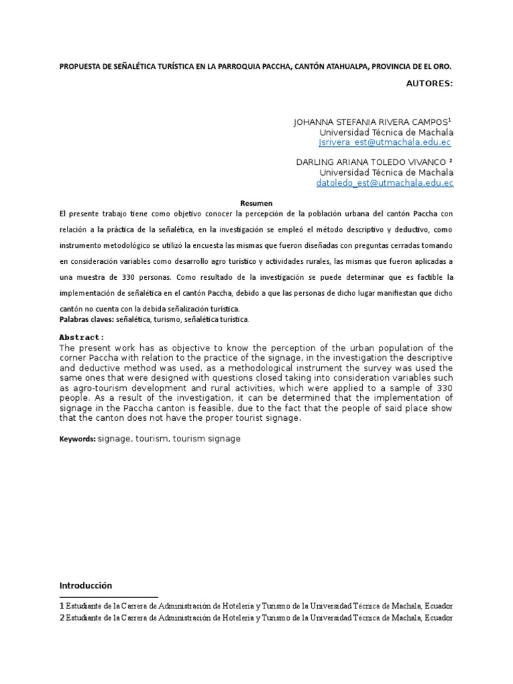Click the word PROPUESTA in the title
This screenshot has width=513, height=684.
pos(79,67)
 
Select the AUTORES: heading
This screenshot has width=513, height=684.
pos(430,83)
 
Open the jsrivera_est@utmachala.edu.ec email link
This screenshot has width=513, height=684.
pos(385,142)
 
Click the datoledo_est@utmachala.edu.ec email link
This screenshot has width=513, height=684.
pos(385,182)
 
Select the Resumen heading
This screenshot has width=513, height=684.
pos(256,203)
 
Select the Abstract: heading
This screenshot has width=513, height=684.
pos(81,337)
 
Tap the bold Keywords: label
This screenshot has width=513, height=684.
pos(77,440)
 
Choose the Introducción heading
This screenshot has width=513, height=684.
pos(85,585)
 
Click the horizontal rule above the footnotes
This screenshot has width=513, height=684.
pos(108,596)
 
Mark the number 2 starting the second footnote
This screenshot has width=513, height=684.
pos(61,618)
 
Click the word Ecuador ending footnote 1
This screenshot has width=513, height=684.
pos(438,605)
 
